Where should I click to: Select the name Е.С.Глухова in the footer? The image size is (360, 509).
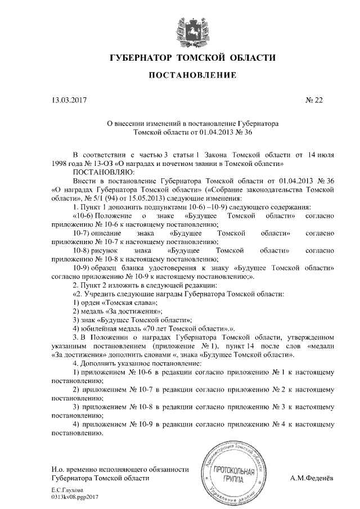(66, 490)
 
